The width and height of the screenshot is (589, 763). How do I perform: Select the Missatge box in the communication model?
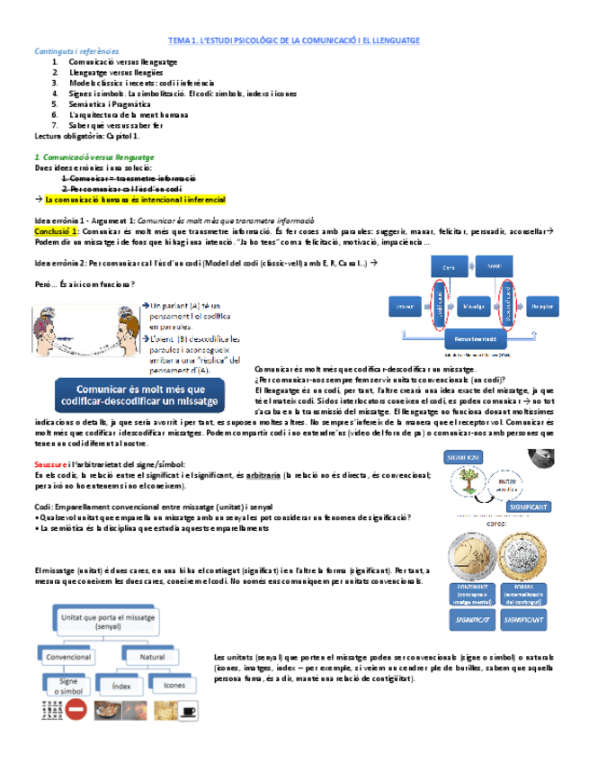(473, 306)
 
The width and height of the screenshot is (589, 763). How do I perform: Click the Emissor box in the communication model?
(405, 306)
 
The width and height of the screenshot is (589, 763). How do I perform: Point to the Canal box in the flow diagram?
(447, 268)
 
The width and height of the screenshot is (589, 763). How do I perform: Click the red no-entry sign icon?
(76, 711)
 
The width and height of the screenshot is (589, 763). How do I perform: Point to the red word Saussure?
(52, 463)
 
